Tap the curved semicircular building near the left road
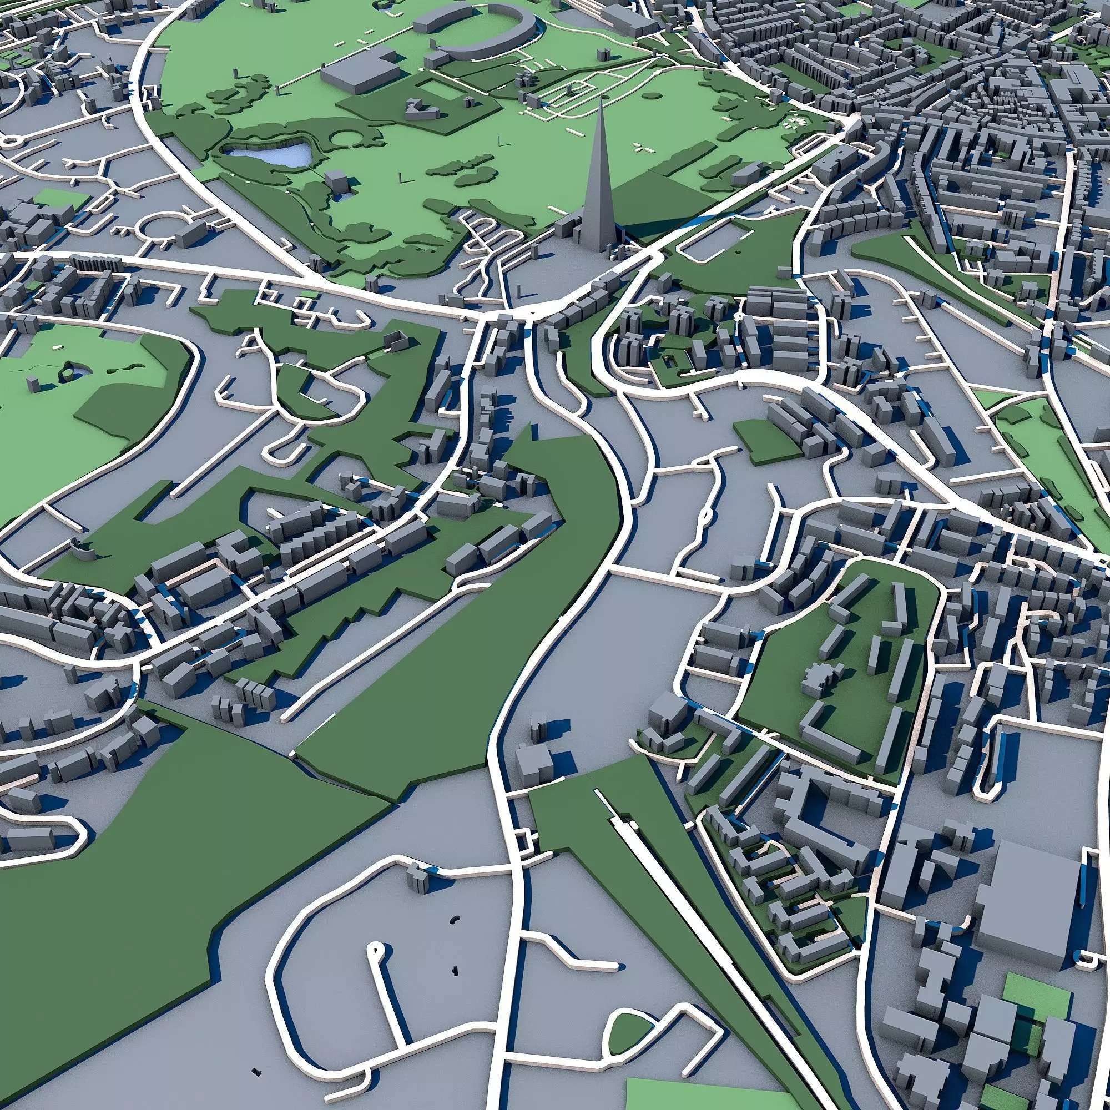(83, 551)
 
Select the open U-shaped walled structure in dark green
(395, 343)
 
